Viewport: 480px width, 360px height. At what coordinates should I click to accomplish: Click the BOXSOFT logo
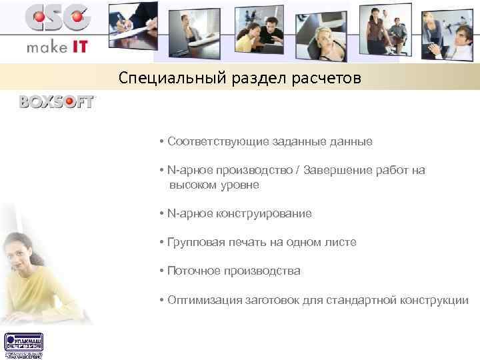click(x=57, y=102)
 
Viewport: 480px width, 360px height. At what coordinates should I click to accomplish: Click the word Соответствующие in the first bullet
click(x=215, y=142)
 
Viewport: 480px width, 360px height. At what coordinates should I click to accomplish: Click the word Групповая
click(x=194, y=242)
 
